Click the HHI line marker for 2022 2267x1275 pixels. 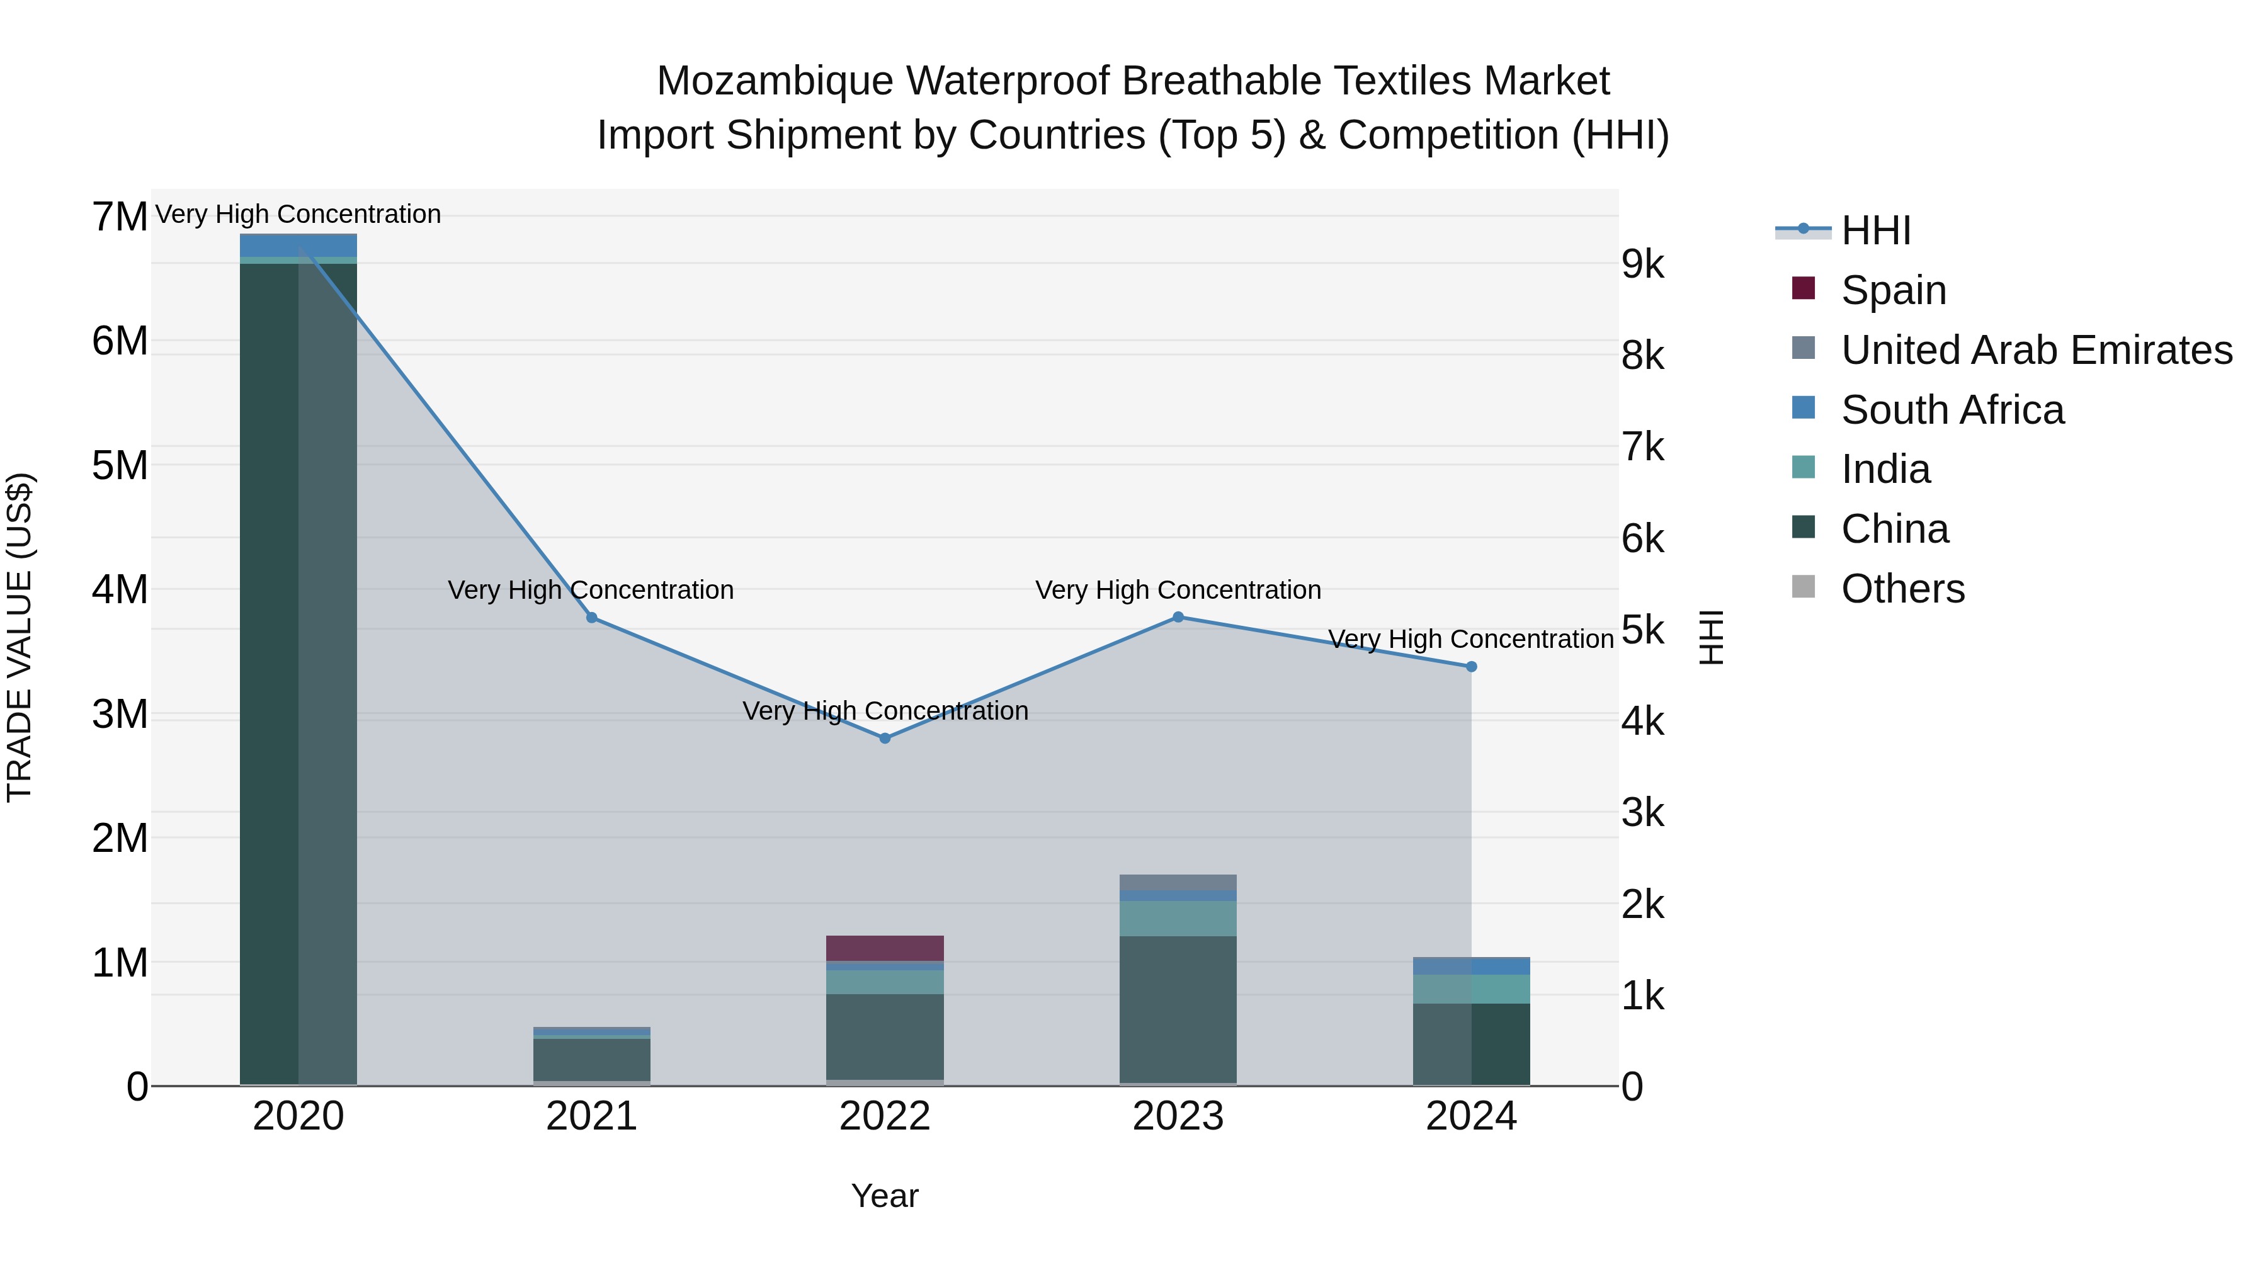click(885, 739)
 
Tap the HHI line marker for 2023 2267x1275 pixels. click(1178, 617)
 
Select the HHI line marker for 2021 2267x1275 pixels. click(591, 618)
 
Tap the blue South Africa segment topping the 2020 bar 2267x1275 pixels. click(298, 245)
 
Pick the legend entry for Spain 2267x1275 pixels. click(1892, 290)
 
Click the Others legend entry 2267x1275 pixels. click(1901, 589)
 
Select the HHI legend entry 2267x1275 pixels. click(1875, 230)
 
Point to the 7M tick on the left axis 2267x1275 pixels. click(120, 217)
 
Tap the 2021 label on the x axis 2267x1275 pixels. click(591, 1116)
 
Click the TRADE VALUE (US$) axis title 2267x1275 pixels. click(20, 637)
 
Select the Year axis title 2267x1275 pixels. click(885, 1196)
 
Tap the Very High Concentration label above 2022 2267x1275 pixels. click(885, 710)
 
